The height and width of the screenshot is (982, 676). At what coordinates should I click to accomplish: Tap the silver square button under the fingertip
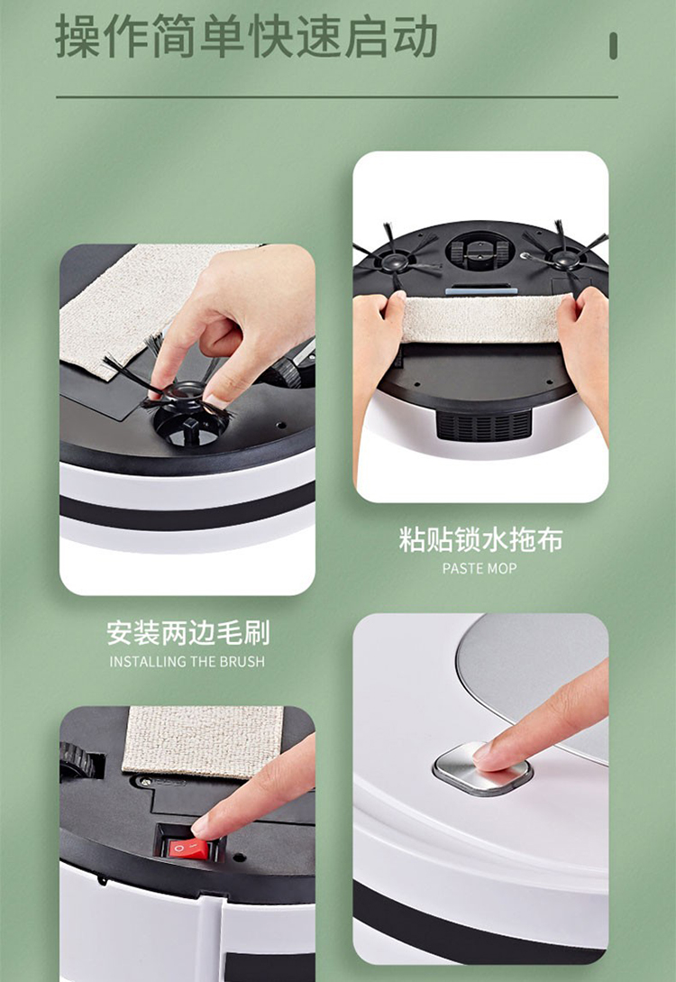pos(482,769)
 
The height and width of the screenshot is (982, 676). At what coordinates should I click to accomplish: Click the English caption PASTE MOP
pos(480,569)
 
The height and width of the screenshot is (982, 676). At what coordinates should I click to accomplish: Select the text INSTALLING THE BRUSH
pos(187,661)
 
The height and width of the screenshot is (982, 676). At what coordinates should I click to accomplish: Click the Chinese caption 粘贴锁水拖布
pos(480,539)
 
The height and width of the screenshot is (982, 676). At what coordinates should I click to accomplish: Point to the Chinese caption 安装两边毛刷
pos(187,632)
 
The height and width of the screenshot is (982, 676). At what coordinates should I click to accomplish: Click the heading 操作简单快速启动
pos(246,37)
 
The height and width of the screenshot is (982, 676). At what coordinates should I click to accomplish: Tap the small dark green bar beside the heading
pos(614,46)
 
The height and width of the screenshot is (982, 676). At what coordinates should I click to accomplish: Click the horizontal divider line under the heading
pos(337,97)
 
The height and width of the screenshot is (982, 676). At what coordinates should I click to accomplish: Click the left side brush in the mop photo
pos(396,257)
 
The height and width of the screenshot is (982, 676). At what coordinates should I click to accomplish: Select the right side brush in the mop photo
pos(564,252)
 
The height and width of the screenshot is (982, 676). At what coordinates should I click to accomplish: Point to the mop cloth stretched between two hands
pos(481,319)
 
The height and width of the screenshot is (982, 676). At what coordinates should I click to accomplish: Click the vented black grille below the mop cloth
pos(483,424)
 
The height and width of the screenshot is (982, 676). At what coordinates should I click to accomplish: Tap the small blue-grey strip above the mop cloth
pos(481,289)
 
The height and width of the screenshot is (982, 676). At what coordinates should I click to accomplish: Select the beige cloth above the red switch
pos(203,741)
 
